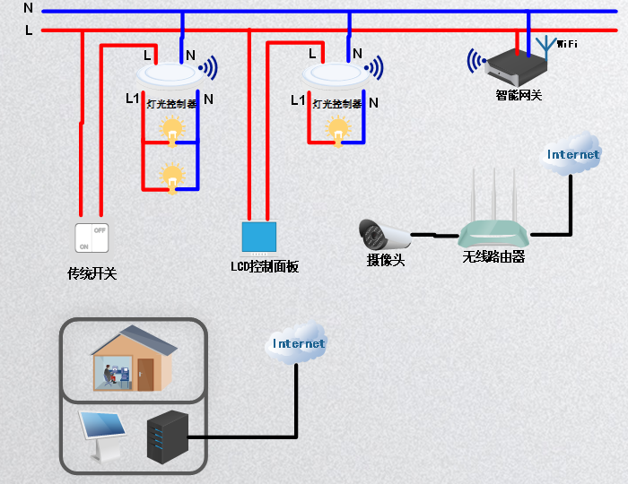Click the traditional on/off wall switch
click(92, 238)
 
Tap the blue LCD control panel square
click(259, 236)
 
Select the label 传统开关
click(92, 274)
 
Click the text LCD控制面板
click(264, 267)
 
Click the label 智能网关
click(519, 95)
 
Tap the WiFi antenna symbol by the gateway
click(545, 44)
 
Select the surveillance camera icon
click(383, 235)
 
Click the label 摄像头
click(386, 261)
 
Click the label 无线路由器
click(493, 257)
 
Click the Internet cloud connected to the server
click(299, 342)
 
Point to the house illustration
click(133, 359)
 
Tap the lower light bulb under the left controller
click(170, 177)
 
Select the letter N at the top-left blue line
click(28, 8)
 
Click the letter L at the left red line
click(29, 30)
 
